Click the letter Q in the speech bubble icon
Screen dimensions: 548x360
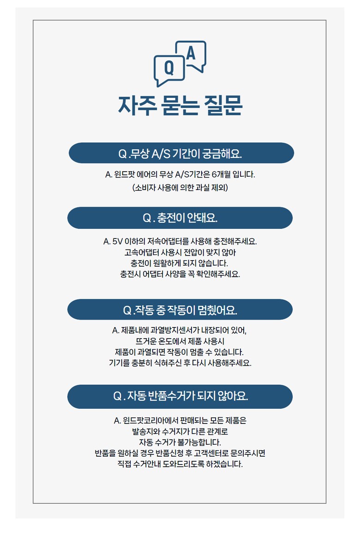tap(169, 69)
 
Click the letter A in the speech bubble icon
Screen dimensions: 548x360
tap(191, 54)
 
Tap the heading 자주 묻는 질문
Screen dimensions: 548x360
tap(180, 106)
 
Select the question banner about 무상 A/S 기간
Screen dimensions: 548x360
tap(181, 153)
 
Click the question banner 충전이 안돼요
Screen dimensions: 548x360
tap(180, 218)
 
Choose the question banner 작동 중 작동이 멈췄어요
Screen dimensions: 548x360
tap(180, 310)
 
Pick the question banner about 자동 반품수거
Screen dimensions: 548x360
tap(180, 396)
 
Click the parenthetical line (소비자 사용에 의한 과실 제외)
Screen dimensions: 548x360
tap(180, 188)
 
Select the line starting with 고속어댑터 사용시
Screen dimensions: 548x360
tap(180, 252)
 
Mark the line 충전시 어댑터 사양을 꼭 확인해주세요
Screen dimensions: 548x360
tap(180, 274)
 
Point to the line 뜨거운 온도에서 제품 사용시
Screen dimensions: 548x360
tap(180, 341)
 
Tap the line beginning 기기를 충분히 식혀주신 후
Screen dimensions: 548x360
tap(180, 363)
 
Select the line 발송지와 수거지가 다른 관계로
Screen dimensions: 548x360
tap(180, 432)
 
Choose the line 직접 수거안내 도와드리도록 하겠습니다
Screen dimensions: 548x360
tap(180, 464)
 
